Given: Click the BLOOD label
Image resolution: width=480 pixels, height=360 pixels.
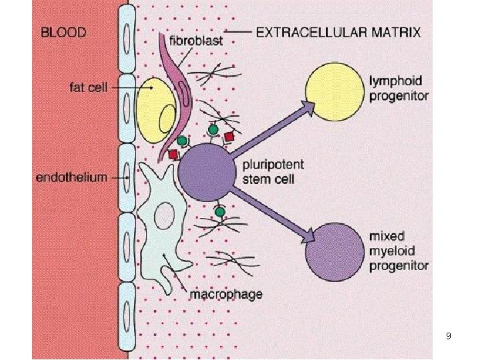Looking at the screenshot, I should (64, 31).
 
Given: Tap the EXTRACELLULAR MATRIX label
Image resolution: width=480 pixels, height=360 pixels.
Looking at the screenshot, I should (339, 31).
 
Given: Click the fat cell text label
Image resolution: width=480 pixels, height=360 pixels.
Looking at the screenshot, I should (89, 87).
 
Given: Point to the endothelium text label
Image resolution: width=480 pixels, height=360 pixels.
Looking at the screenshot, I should (71, 177).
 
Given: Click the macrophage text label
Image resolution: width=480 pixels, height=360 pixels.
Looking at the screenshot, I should (227, 293).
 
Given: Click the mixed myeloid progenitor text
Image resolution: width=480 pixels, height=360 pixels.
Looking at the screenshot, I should (399, 251).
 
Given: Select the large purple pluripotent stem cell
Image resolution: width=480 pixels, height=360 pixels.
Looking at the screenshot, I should (207, 171).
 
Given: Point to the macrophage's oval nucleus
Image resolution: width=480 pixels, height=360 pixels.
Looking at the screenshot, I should (163, 215).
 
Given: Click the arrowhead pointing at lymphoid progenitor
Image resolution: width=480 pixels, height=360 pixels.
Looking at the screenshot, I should (307, 106).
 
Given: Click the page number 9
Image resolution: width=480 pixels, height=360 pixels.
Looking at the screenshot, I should (448, 336).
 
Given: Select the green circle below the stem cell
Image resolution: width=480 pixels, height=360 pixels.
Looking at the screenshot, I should (219, 213).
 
